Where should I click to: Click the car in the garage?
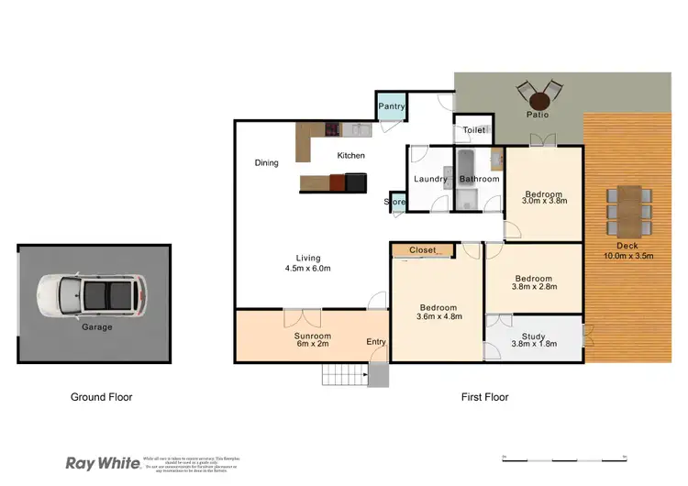(x=92, y=295)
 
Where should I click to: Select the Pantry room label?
(x=392, y=107)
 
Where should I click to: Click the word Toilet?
(x=474, y=130)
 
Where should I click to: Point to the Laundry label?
(x=430, y=179)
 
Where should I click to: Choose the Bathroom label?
(x=479, y=179)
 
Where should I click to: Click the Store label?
(x=395, y=202)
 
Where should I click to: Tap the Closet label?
(x=423, y=249)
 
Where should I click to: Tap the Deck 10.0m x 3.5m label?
(x=627, y=250)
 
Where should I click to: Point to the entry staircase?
(x=344, y=374)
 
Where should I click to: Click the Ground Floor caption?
(x=102, y=397)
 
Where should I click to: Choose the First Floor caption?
(x=484, y=397)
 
